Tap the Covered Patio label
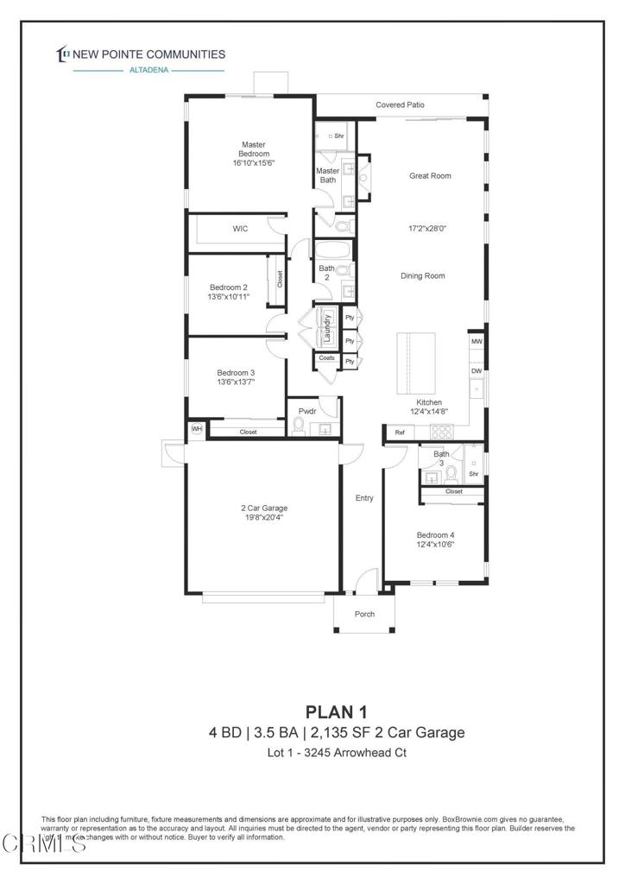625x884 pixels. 400,105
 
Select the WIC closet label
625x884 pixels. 240,229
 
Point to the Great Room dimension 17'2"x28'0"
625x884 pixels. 429,230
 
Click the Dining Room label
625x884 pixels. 422,275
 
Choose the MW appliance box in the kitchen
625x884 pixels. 476,343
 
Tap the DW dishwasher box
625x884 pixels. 476,371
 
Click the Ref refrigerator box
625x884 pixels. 400,433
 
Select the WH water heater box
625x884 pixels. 197,429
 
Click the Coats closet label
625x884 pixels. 326,358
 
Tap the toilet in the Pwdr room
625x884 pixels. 300,426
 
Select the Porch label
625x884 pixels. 366,615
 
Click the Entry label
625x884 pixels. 363,498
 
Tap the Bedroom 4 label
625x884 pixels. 435,534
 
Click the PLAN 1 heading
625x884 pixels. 336,711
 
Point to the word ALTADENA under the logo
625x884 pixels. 148,71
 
